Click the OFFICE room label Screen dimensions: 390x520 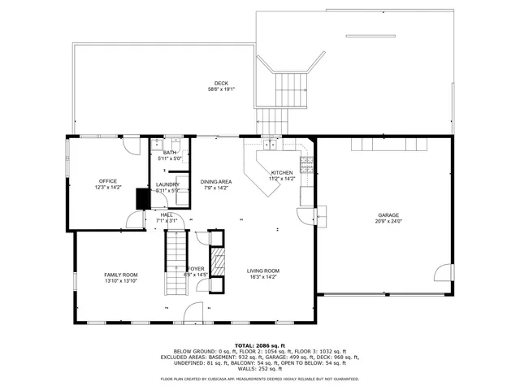click(x=108, y=181)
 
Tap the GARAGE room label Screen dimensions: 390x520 click(x=388, y=215)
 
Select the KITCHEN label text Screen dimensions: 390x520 click(x=282, y=173)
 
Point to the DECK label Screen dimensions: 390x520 click(x=221, y=83)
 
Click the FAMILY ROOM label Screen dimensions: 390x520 click(x=120, y=275)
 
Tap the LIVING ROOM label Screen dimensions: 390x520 click(x=263, y=271)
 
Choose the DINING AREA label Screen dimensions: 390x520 click(x=216, y=181)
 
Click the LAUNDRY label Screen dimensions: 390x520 click(x=167, y=184)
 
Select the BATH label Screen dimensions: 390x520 click(x=170, y=153)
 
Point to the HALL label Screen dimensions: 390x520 click(x=166, y=214)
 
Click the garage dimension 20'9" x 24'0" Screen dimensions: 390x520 click(x=388, y=221)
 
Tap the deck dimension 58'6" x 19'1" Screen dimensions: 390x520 click(x=221, y=89)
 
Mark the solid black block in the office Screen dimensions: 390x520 click(x=142, y=198)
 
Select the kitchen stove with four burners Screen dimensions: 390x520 click(x=307, y=166)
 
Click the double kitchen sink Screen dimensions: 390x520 click(x=270, y=146)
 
